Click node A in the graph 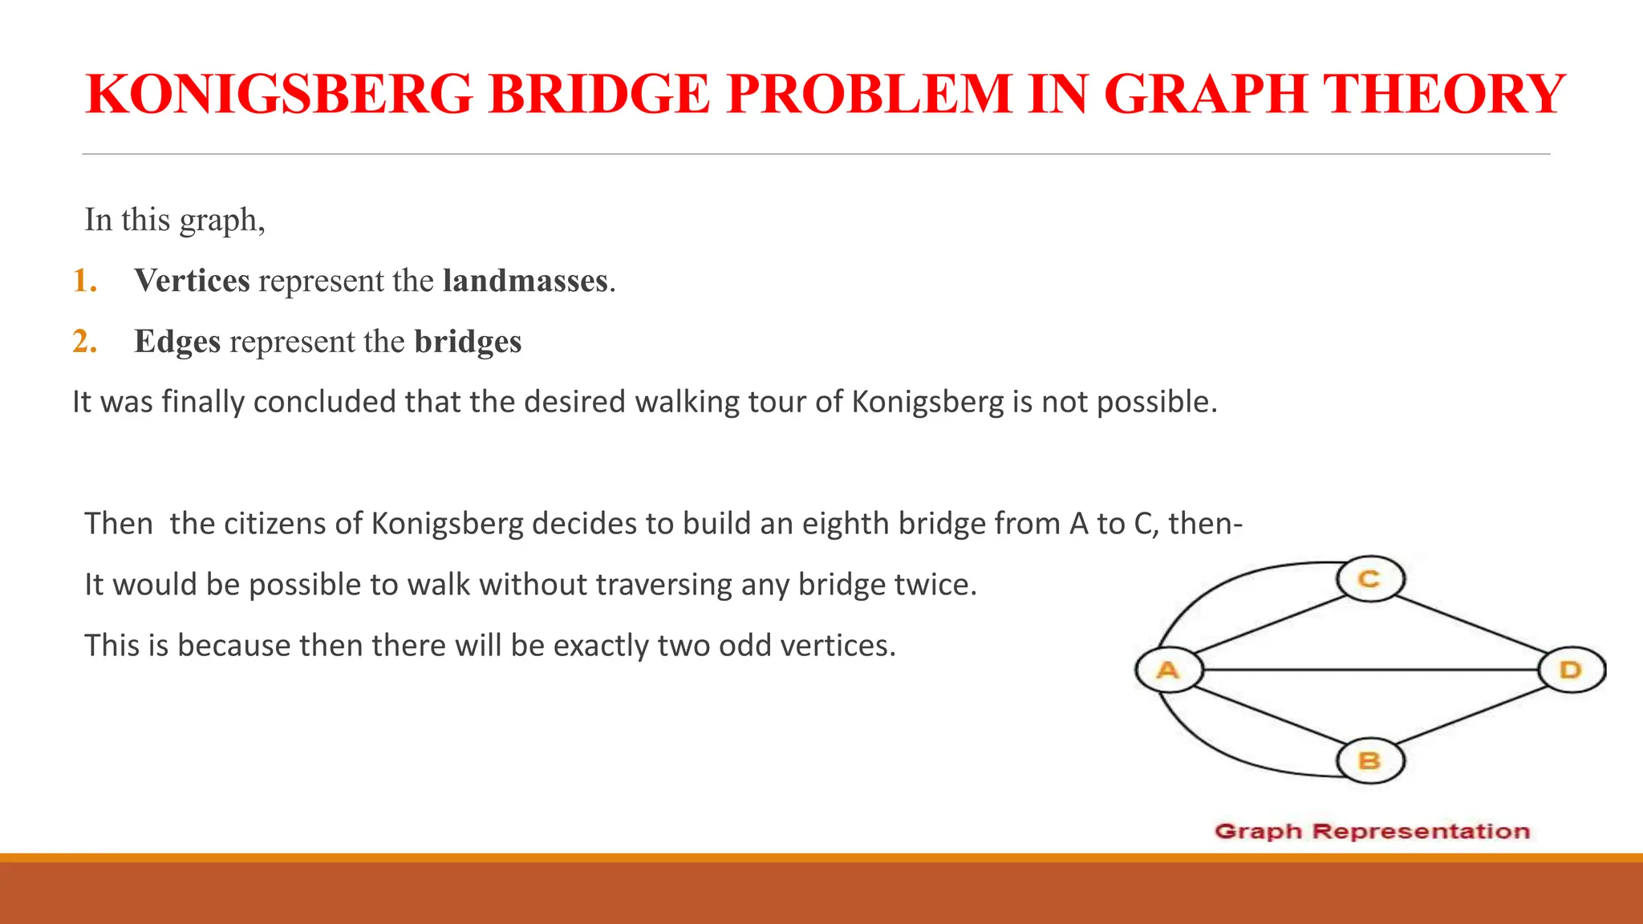[1169, 670]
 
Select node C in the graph [1370, 578]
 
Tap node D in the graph [1572, 670]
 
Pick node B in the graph [1370, 760]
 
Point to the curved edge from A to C [1227, 586]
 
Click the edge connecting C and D [1472, 625]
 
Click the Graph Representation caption [1372, 832]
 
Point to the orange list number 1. [84, 281]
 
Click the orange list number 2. [84, 342]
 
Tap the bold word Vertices [192, 281]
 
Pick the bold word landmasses [525, 281]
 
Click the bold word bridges [468, 342]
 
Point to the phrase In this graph [175, 220]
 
